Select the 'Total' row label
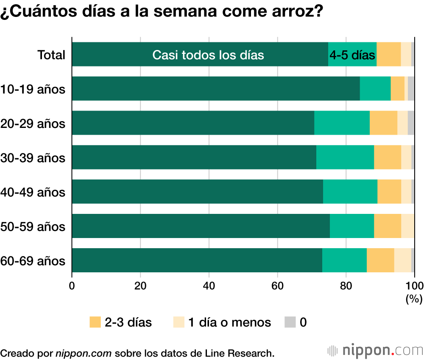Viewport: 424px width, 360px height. tap(51, 55)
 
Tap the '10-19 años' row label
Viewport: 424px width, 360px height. tap(33, 89)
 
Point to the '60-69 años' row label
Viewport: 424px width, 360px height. tap(33, 261)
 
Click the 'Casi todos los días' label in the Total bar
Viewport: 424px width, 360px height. tap(208, 55)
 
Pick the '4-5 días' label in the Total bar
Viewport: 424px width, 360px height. tap(352, 55)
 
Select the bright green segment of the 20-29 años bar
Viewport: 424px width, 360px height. tap(342, 123)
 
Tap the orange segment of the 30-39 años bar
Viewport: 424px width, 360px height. tap(388, 157)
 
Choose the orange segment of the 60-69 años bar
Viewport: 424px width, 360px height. tap(380, 260)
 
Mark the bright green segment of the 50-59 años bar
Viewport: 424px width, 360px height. tap(352, 226)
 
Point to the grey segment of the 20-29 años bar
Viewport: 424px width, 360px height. tap(411, 123)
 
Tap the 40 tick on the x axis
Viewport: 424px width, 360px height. tap(209, 285)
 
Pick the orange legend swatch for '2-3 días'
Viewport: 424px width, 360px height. tap(95, 322)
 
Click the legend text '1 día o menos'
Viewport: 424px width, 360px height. tap(229, 322)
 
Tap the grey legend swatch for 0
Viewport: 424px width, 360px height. tap(290, 322)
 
